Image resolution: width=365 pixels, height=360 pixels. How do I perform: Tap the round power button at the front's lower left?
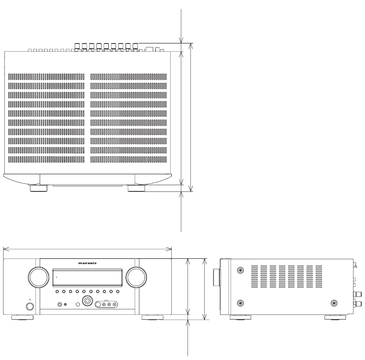tap(30, 307)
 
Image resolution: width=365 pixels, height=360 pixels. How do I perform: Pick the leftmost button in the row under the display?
tap(56, 291)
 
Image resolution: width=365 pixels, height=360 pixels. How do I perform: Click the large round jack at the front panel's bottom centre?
tap(87, 301)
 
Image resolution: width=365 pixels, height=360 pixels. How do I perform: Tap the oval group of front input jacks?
tap(106, 304)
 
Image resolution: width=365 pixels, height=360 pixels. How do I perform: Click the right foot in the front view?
tap(155, 317)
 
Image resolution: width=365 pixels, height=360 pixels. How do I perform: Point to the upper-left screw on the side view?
tap(240, 271)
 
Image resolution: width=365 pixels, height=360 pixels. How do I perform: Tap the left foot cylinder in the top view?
tap(39, 188)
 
